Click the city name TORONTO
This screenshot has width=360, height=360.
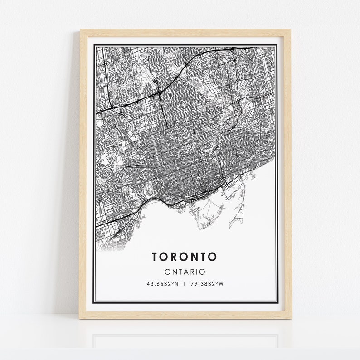point(185,257)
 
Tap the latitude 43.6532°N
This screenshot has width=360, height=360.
point(161,284)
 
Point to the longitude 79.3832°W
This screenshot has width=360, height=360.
point(207,284)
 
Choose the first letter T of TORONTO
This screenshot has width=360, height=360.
point(156,257)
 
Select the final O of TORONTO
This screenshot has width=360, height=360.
point(213,257)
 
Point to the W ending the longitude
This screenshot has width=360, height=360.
point(222,284)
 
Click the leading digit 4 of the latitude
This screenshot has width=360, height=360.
point(147,284)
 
